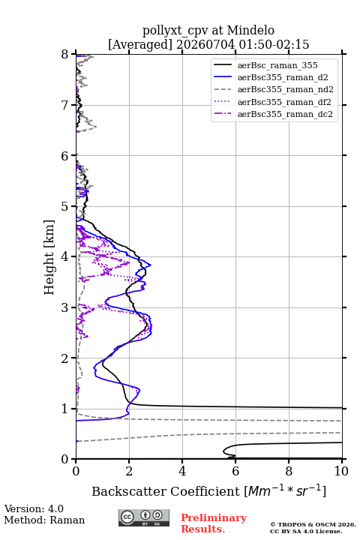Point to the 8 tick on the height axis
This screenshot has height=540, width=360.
coord(64,55)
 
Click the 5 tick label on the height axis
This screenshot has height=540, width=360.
coord(64,207)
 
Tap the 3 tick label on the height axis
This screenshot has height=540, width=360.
coord(64,307)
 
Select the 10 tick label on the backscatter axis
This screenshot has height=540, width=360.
coord(341,471)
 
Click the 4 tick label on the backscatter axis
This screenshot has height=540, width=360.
coord(182,471)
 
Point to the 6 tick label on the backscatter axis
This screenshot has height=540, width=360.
coord(235,471)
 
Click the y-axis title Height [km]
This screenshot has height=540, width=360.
coord(49,257)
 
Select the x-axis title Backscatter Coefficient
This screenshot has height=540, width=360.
coord(166,491)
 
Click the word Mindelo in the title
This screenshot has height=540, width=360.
coord(250,30)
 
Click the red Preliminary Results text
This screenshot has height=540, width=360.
coord(214,523)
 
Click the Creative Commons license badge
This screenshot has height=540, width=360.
coord(144,518)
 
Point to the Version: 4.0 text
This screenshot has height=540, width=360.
coord(34,508)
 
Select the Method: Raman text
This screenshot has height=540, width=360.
coord(44,520)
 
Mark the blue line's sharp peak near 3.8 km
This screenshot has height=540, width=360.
coord(151,265)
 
